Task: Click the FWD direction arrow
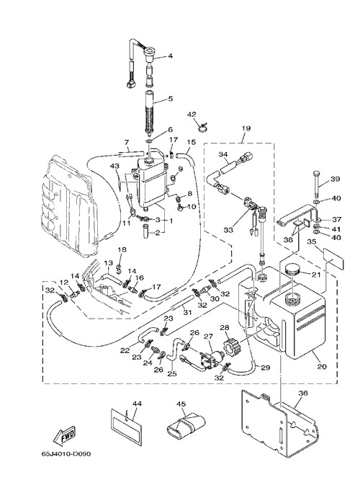click(x=64, y=435)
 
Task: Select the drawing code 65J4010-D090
click(x=66, y=454)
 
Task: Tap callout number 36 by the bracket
click(x=304, y=393)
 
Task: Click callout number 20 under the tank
click(x=322, y=366)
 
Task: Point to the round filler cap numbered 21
click(x=293, y=271)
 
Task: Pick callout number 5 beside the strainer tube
click(x=171, y=99)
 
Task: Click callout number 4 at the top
click(x=171, y=56)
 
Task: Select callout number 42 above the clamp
click(x=192, y=115)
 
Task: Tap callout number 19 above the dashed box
click(x=246, y=128)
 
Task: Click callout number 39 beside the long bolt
click(x=335, y=179)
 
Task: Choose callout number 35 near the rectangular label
click(x=312, y=242)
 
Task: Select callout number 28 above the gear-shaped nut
click(x=225, y=327)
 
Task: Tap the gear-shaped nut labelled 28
click(x=230, y=347)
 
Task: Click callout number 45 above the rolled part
click(x=181, y=404)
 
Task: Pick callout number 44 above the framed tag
click(x=137, y=404)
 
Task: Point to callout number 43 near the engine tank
click(x=114, y=166)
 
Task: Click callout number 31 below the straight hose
click(x=187, y=313)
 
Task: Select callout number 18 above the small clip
click(x=122, y=249)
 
